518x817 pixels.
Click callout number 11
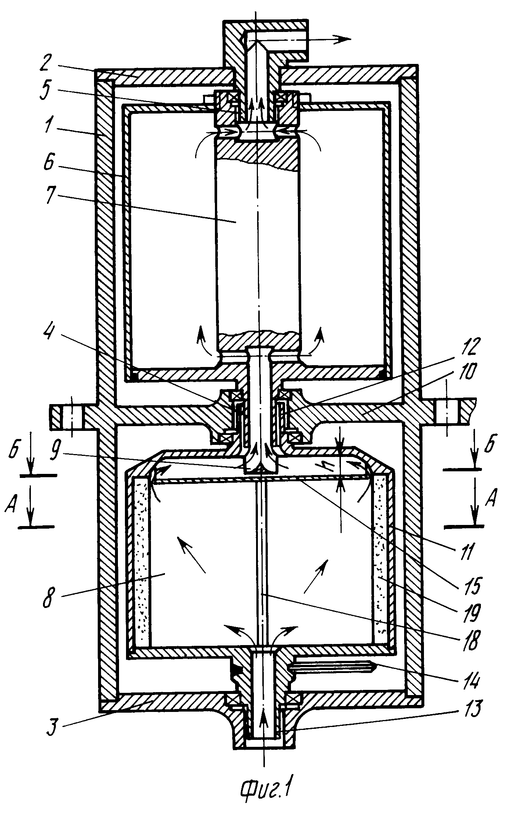(x=464, y=553)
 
